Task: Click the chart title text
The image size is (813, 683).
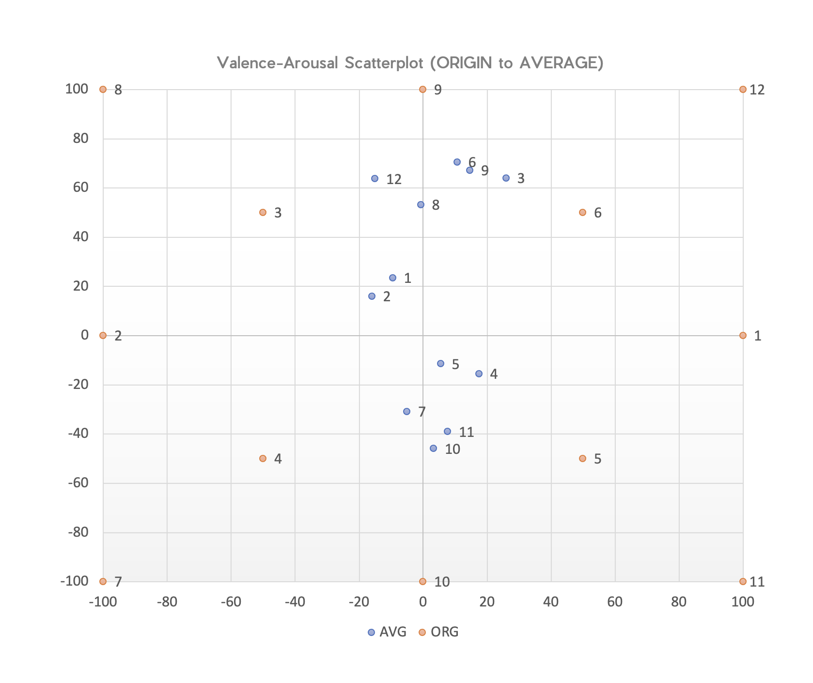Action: coord(410,63)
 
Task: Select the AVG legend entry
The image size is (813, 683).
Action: coord(387,632)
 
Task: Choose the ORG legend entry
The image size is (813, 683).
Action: coord(438,632)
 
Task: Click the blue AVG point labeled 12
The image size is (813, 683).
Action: coord(375,178)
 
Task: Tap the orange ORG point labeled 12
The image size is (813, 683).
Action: coord(743,89)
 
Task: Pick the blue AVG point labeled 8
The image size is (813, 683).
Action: coord(421,204)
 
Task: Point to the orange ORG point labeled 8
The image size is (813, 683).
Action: coord(103,89)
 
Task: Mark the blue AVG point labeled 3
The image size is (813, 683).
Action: coord(506,178)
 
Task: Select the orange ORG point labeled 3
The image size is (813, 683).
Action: coord(263,212)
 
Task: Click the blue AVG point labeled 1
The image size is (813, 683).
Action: coord(392,278)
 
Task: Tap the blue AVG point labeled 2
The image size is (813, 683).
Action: coord(372,296)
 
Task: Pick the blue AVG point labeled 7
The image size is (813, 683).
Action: coord(406,411)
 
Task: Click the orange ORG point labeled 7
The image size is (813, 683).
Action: coord(103,581)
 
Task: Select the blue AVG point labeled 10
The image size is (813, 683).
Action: coord(433,448)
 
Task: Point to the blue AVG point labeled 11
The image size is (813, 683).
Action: coord(447,431)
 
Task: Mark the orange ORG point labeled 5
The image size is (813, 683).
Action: coord(582,458)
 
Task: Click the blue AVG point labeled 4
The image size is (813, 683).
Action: coord(479,373)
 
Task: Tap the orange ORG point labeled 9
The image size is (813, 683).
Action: coord(422,89)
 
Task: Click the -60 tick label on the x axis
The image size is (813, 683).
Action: coord(231,602)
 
